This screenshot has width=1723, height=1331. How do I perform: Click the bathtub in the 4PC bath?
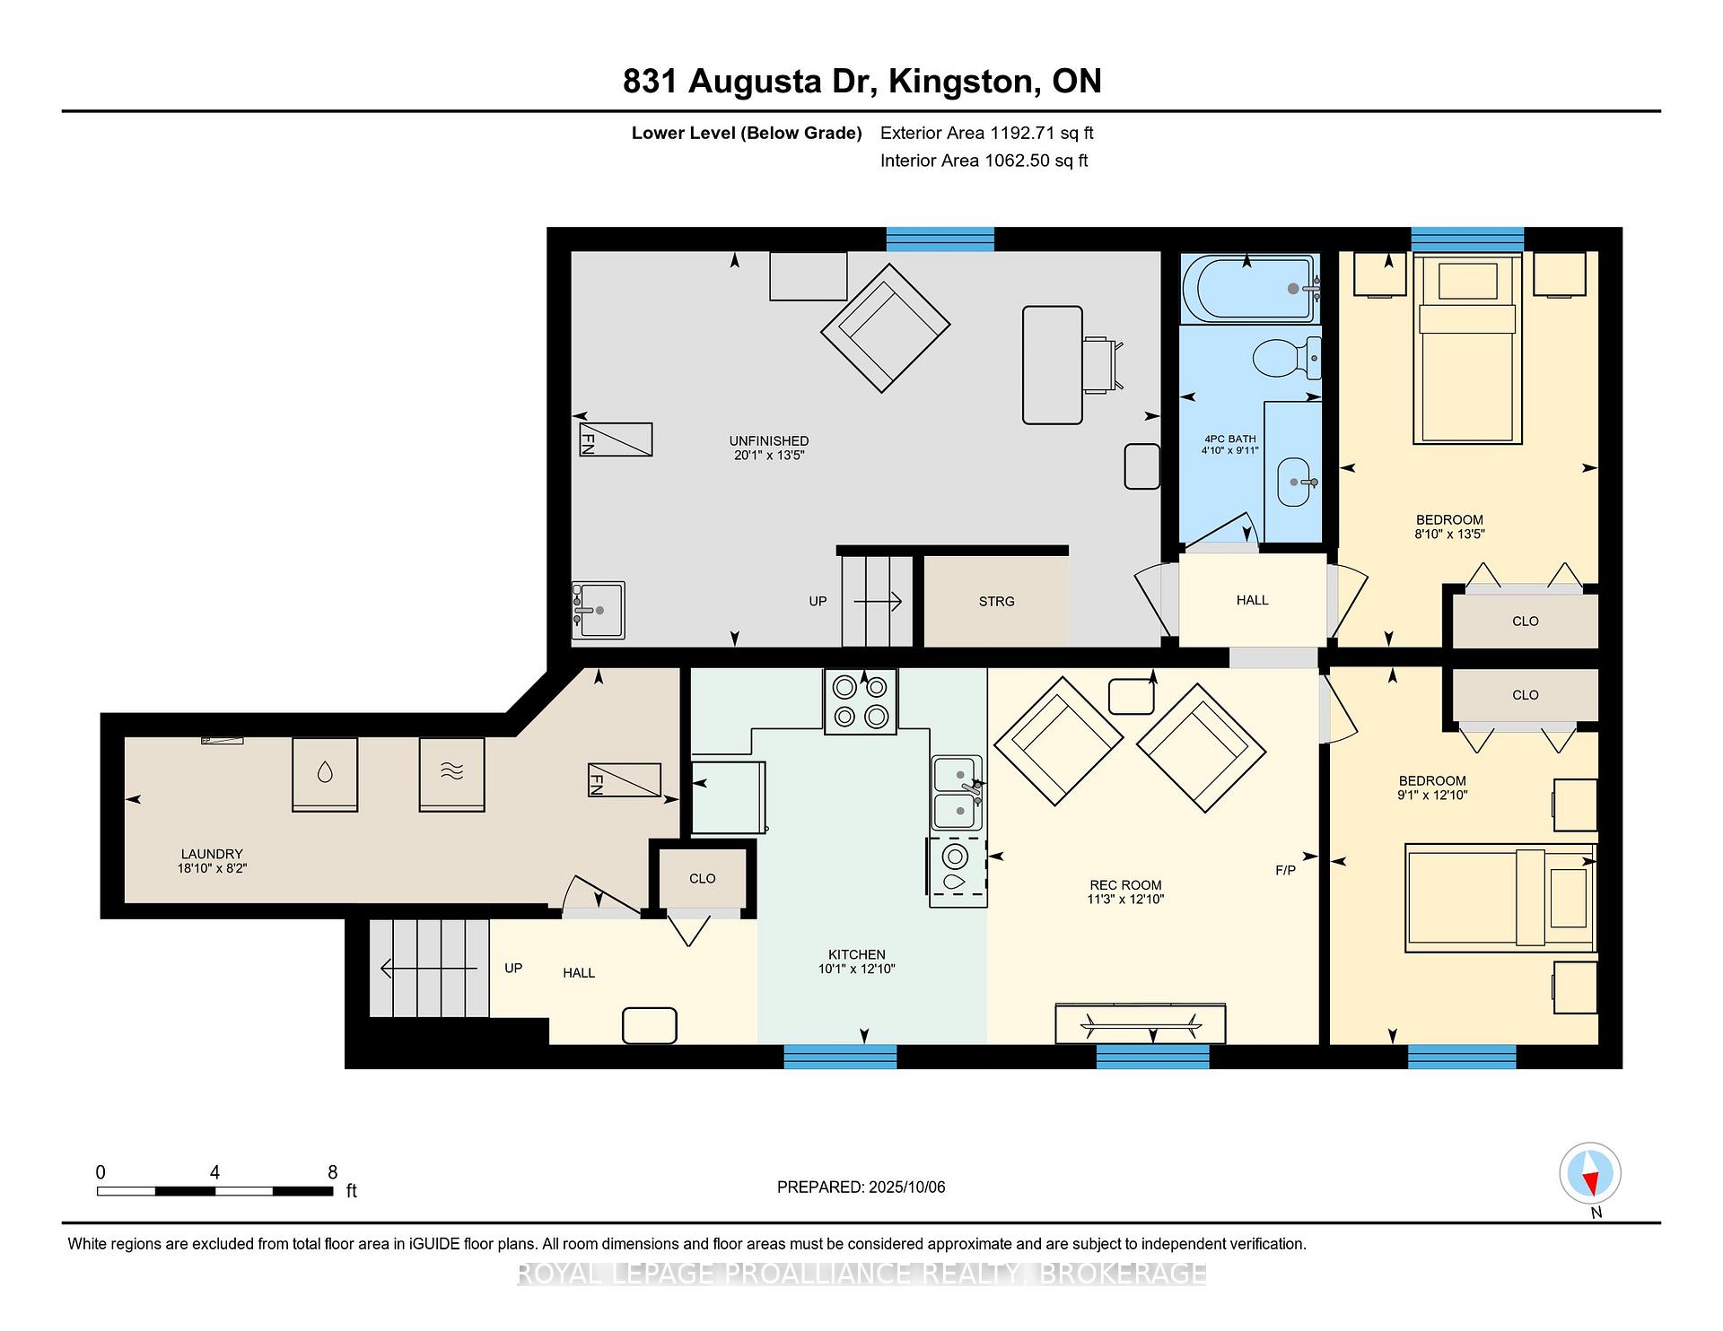(1251, 288)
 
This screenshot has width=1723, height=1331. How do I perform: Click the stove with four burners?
(861, 702)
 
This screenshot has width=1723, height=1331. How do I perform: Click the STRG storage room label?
(997, 602)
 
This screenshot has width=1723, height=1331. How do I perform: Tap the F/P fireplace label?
(1285, 870)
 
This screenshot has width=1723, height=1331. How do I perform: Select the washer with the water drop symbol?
(325, 775)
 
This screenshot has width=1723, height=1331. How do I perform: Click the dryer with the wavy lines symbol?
(452, 775)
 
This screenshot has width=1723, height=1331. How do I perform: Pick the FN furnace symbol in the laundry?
(625, 780)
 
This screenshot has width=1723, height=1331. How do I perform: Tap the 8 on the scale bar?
(333, 1172)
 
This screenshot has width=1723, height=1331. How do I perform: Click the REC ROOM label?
(1125, 885)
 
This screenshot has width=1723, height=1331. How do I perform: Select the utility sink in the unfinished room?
(598, 610)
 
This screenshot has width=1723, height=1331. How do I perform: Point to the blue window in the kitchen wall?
(840, 1057)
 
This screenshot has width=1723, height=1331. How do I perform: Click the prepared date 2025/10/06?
(907, 1187)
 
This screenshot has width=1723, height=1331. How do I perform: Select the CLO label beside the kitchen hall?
(703, 879)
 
